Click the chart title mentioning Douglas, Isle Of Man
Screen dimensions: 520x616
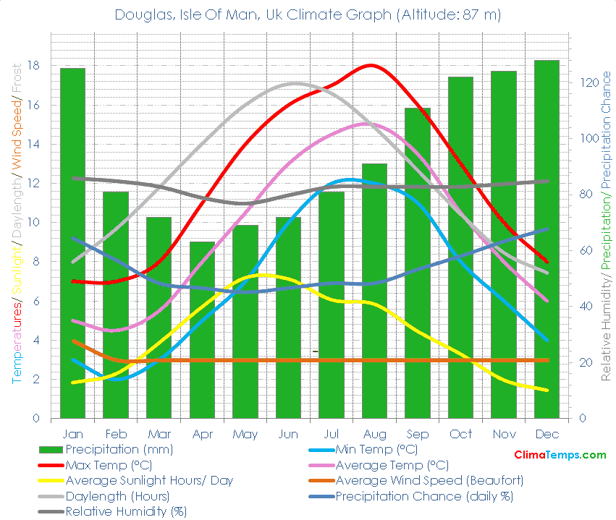(308, 14)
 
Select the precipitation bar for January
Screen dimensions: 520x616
(72, 242)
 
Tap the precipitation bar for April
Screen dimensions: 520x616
(202, 329)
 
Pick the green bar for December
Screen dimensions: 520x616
(547, 239)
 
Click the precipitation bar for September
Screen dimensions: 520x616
(417, 263)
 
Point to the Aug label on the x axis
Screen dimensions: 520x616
(374, 434)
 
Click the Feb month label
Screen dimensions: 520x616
(116, 434)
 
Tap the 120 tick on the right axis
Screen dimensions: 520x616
(586, 82)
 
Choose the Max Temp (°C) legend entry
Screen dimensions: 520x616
(109, 465)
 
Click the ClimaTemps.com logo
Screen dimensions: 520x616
(560, 455)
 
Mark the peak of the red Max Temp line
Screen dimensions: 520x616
(371, 65)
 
